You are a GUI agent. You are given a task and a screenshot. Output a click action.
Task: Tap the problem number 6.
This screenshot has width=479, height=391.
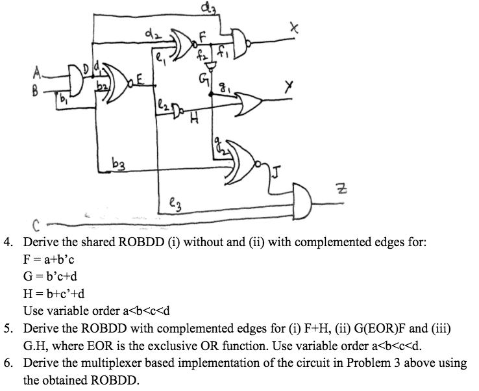(x=9, y=362)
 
